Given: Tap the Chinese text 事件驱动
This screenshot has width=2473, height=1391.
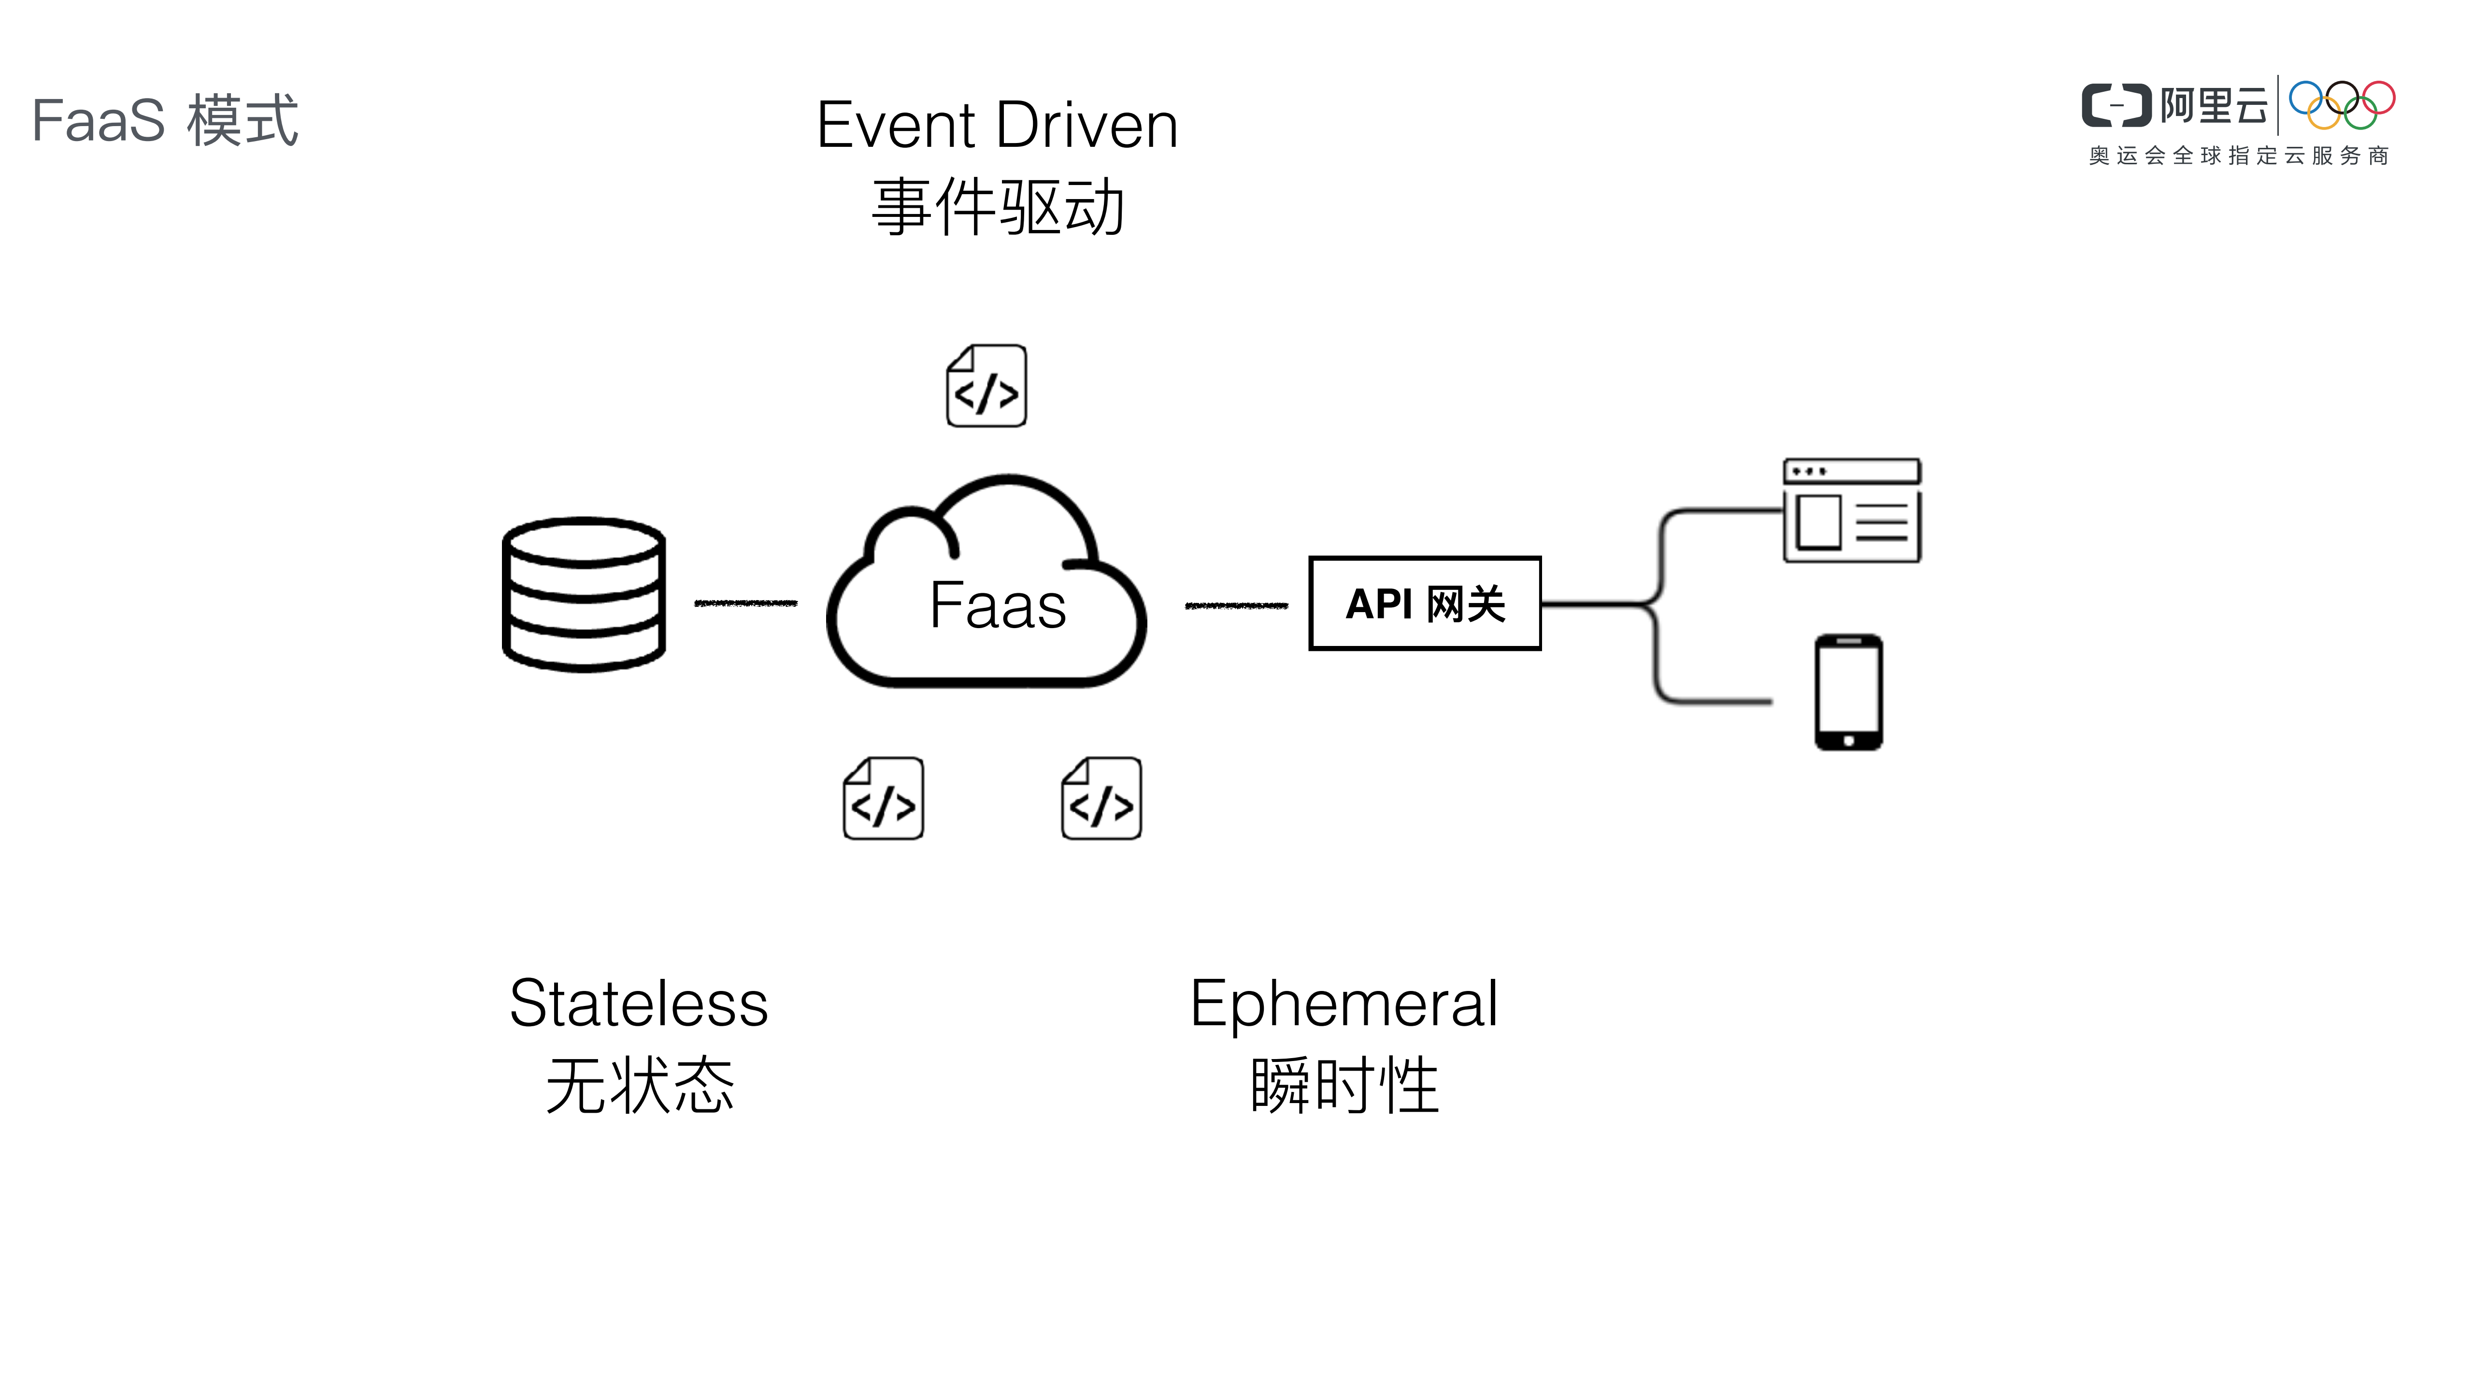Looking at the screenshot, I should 997,207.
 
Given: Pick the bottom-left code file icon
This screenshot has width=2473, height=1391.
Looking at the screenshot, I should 883,799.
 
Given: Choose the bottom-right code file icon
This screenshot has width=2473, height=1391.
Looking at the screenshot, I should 1101,799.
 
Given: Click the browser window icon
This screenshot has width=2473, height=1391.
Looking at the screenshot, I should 1851,511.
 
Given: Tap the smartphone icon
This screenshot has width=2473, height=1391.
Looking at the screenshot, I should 1848,691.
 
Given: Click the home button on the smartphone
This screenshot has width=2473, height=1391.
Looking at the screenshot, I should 1848,740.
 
